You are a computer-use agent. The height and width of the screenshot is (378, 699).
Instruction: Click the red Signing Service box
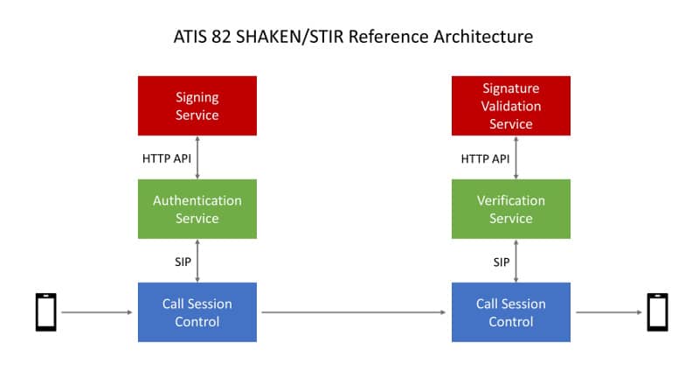pyautogui.click(x=197, y=106)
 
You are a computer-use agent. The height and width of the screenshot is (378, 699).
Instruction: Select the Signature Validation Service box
pyautogui.click(x=511, y=106)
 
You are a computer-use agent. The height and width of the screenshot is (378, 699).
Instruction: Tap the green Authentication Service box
pyautogui.click(x=197, y=209)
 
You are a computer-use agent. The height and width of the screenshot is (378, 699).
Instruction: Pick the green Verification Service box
pyautogui.click(x=511, y=209)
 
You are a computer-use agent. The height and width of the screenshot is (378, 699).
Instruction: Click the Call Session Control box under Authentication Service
pyautogui.click(x=197, y=312)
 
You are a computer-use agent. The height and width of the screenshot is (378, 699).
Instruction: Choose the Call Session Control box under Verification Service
pyautogui.click(x=511, y=312)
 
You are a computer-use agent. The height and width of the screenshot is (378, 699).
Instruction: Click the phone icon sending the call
pyautogui.click(x=46, y=312)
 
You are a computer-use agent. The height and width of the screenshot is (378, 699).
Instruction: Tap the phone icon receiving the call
pyautogui.click(x=658, y=312)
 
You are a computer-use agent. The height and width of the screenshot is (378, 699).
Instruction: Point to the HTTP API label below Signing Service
pyautogui.click(x=167, y=158)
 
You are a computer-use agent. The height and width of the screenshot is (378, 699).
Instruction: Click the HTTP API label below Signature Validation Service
pyautogui.click(x=485, y=159)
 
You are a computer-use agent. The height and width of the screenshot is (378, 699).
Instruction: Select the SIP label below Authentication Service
pyautogui.click(x=183, y=262)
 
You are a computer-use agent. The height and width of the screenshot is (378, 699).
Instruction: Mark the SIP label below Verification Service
pyautogui.click(x=502, y=262)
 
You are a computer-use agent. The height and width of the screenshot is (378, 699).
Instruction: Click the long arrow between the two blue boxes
pyautogui.click(x=354, y=312)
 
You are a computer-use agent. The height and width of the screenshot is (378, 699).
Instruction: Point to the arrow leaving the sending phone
pyautogui.click(x=97, y=312)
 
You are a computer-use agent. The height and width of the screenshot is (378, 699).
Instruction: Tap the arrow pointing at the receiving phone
pyautogui.click(x=609, y=312)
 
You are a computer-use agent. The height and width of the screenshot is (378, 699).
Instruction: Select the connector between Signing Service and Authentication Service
pyautogui.click(x=197, y=157)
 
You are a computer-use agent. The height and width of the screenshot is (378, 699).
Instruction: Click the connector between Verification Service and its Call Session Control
pyautogui.click(x=516, y=261)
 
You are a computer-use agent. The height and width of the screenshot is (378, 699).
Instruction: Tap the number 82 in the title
pyautogui.click(x=221, y=37)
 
